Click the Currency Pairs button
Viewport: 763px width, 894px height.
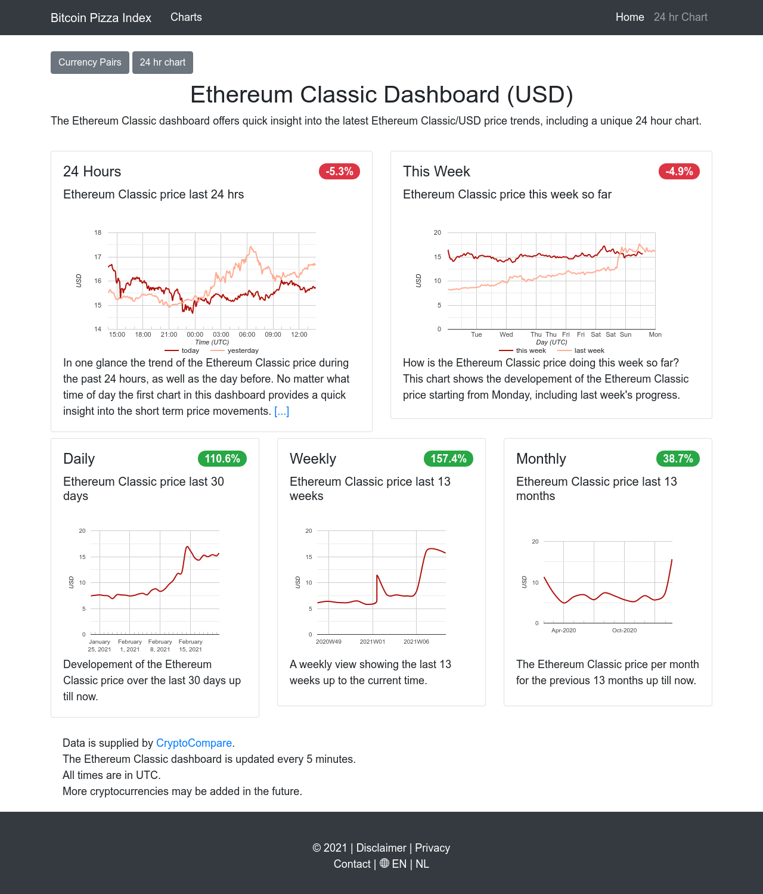[89, 63]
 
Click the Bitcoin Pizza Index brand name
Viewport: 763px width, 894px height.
[101, 18]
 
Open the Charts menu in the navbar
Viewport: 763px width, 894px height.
[186, 17]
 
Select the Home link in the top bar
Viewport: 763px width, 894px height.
[629, 17]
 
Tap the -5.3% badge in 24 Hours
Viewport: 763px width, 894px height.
[339, 172]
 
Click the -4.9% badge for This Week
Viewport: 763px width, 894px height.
[679, 172]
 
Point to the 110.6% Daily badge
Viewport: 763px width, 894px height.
[222, 459]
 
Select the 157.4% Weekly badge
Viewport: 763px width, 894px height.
[448, 459]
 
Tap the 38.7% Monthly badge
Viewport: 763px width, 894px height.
[678, 459]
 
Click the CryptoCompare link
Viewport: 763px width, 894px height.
[194, 743]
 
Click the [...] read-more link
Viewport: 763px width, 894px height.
[281, 411]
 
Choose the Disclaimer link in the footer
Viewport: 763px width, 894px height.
[381, 848]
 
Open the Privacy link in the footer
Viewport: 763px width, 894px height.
[432, 848]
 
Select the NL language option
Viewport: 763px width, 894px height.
[422, 864]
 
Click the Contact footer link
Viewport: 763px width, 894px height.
[352, 864]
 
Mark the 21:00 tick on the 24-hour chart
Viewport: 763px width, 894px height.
[169, 334]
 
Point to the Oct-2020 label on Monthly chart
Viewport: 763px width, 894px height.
[624, 630]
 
